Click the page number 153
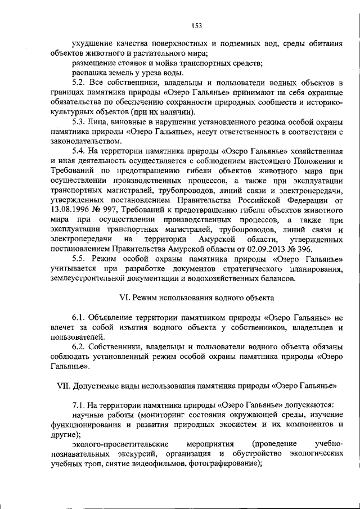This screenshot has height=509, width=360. [196, 25]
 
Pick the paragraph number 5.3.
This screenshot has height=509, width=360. [80, 122]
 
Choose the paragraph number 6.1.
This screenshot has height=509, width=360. [80, 317]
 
